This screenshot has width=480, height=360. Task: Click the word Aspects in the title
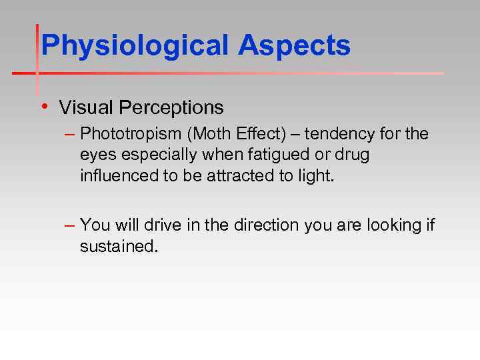click(x=294, y=46)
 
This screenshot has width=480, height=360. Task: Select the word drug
click(x=354, y=155)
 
